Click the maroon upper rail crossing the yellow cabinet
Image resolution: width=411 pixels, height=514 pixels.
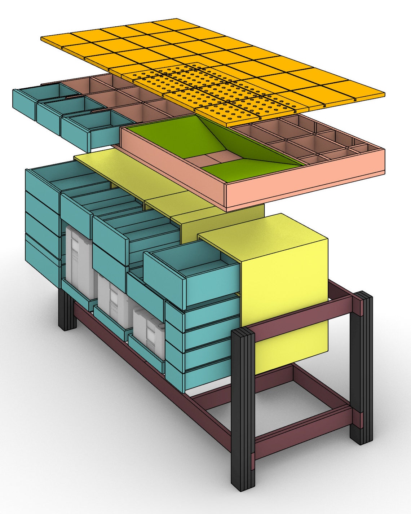(303, 317)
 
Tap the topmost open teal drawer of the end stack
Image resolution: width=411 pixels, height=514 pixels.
(43, 180)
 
